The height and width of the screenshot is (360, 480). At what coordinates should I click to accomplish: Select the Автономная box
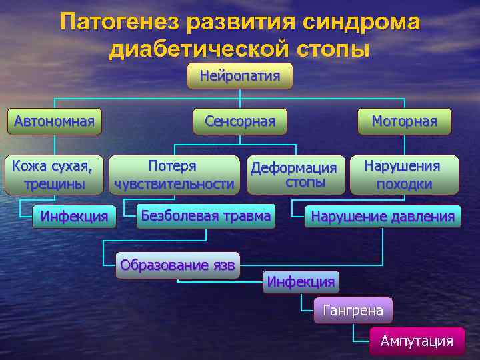pyautogui.click(x=54, y=121)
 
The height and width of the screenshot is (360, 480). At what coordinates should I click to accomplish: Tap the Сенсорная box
pyautogui.click(x=240, y=121)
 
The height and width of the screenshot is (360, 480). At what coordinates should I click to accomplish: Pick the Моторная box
pyautogui.click(x=404, y=121)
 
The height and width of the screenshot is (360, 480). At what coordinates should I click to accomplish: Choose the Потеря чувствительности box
pyautogui.click(x=174, y=175)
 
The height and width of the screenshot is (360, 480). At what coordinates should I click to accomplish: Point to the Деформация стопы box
pyautogui.click(x=295, y=175)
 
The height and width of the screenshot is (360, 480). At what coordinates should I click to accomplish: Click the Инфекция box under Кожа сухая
pyautogui.click(x=74, y=216)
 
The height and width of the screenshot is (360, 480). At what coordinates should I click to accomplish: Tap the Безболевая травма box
pyautogui.click(x=205, y=216)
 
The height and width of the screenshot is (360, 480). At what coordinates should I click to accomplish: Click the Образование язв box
pyautogui.click(x=177, y=265)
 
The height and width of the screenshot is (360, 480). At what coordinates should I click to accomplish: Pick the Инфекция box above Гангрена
pyautogui.click(x=301, y=282)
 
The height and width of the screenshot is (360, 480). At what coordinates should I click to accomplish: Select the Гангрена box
pyautogui.click(x=353, y=311)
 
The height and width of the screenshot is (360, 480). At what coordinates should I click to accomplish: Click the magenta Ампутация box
pyautogui.click(x=417, y=341)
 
